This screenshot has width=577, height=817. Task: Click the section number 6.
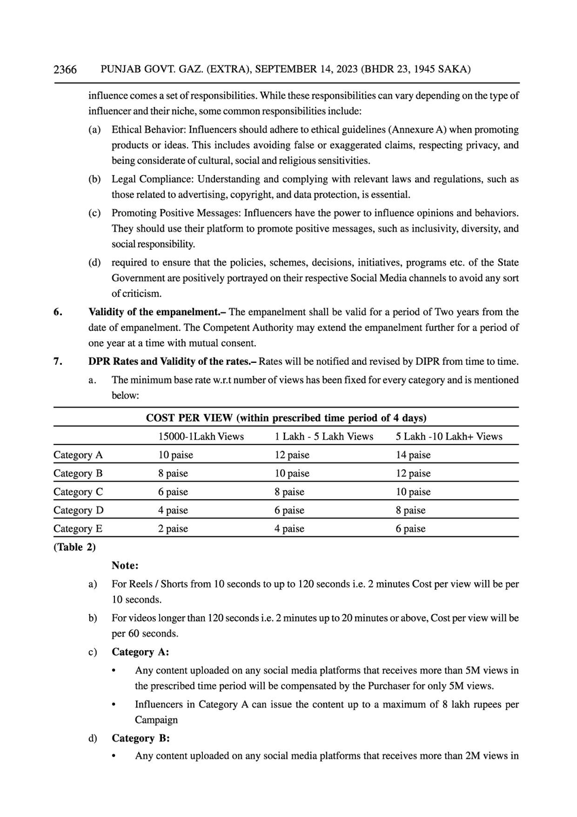[x=58, y=313]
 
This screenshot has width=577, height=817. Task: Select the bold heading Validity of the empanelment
[x=157, y=313]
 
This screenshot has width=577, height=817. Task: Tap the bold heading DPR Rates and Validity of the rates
[x=172, y=361]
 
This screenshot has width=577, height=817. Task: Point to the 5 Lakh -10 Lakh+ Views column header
[x=448, y=436]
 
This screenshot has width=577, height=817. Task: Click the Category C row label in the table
[x=78, y=492]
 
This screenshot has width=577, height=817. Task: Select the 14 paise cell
[x=413, y=455]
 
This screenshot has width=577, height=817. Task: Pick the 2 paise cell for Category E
[x=173, y=528]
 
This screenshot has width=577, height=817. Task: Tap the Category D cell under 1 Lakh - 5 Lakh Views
[x=292, y=510]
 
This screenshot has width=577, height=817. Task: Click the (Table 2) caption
[x=75, y=547]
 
